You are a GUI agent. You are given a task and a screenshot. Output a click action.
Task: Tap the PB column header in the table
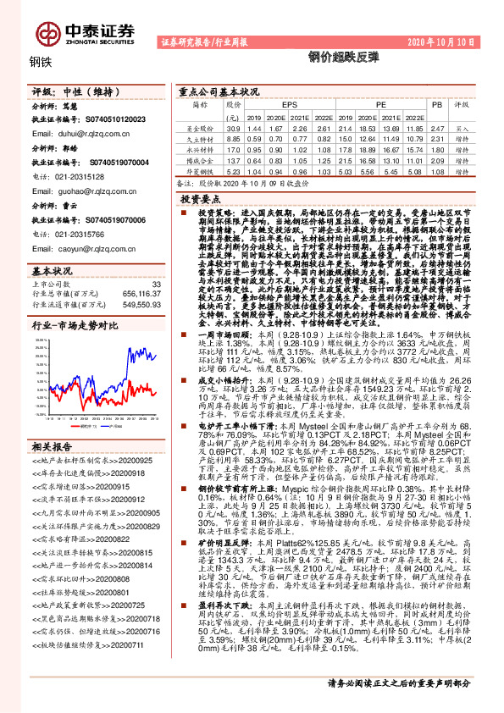tap(437, 104)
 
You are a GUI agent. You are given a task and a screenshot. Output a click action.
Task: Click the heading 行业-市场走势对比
tap(75, 324)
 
